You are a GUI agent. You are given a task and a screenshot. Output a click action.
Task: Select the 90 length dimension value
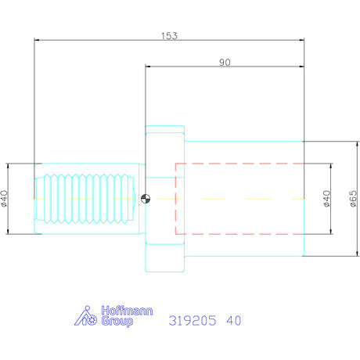coord(225,63)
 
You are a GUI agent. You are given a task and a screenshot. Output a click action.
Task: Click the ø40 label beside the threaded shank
coord(5,198)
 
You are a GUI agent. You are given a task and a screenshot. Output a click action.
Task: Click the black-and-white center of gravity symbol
coord(145,198)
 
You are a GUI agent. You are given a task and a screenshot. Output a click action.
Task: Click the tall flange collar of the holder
coord(164,198)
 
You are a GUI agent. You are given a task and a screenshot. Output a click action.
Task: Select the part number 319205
coord(192,321)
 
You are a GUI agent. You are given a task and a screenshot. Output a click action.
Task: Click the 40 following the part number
coord(234,321)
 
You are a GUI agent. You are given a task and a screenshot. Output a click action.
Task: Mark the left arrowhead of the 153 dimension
coord(37,41)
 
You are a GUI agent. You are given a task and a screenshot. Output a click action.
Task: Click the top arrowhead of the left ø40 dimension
coord(8,165)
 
